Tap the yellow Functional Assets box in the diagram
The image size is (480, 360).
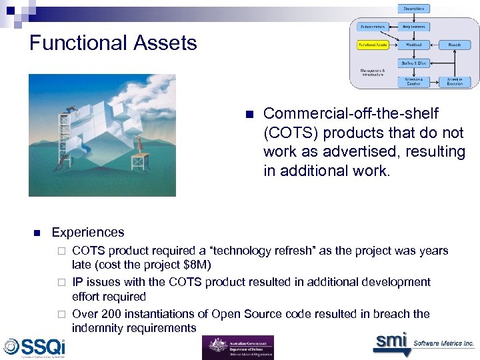(x=372, y=45)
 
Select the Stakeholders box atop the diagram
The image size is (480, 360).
(x=415, y=9)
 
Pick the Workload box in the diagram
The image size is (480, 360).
(x=414, y=45)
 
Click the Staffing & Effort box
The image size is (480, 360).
(x=414, y=63)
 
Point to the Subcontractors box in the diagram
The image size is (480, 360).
(x=372, y=27)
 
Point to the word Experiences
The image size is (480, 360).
(x=88, y=233)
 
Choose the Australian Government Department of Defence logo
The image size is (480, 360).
(x=238, y=347)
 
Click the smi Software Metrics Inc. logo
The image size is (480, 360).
(x=423, y=342)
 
